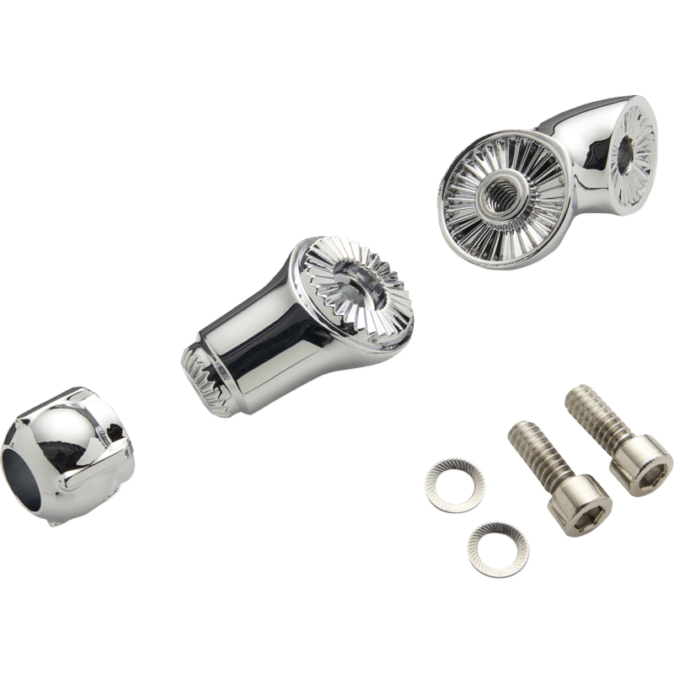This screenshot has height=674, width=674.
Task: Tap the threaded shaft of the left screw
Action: (527, 451)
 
